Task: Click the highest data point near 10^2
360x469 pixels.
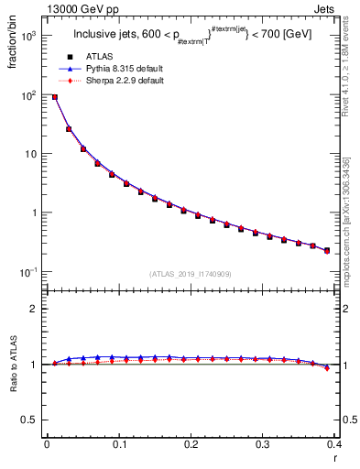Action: click(55, 97)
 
